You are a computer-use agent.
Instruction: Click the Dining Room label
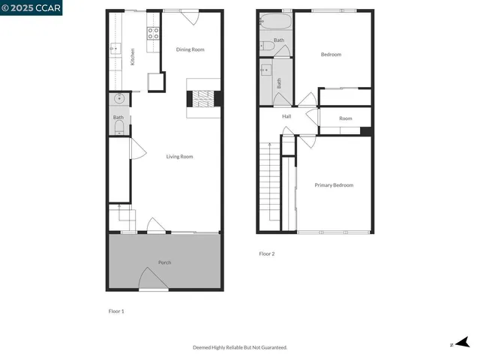click(190, 49)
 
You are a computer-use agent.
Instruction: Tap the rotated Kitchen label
click(133, 56)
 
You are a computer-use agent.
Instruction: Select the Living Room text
click(180, 157)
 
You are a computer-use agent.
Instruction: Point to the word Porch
click(164, 262)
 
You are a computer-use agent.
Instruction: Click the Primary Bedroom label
click(334, 185)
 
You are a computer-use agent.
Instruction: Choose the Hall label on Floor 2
click(286, 117)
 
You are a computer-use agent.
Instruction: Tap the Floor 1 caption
click(116, 310)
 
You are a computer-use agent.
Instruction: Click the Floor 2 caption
click(267, 254)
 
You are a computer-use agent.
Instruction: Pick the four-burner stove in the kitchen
click(152, 32)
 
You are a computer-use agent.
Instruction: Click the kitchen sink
click(115, 49)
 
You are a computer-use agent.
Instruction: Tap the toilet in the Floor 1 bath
click(118, 127)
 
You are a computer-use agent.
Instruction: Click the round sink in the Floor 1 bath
click(118, 98)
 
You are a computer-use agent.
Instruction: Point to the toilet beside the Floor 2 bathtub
click(267, 46)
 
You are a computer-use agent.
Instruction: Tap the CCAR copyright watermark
click(31, 7)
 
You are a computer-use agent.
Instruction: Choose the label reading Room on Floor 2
click(345, 118)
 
